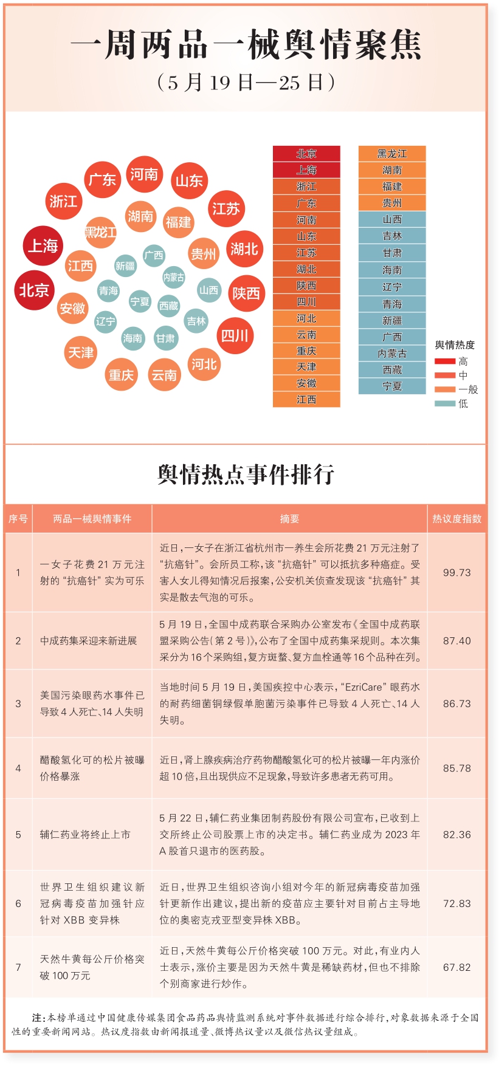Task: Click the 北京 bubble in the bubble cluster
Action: pyautogui.click(x=34, y=290)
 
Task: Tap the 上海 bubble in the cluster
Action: pyautogui.click(x=43, y=246)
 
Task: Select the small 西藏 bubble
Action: pyautogui.click(x=168, y=306)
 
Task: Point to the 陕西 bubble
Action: pyautogui.click(x=246, y=293)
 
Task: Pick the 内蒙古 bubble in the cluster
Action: pyautogui.click(x=174, y=278)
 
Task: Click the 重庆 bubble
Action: pyautogui.click(x=121, y=375)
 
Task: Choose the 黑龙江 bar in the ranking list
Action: pyautogui.click(x=392, y=154)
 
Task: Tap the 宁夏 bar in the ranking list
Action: pyautogui.click(x=392, y=386)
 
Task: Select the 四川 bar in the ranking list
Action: pyautogui.click(x=306, y=302)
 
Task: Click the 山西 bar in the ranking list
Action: pyautogui.click(x=392, y=219)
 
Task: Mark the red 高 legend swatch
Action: pyautogui.click(x=445, y=361)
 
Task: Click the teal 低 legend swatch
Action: pyautogui.click(x=445, y=403)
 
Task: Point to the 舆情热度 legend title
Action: pyautogui.click(x=455, y=345)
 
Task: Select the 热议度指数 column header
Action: pyautogui.click(x=456, y=519)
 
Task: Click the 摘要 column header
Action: pyautogui.click(x=289, y=519)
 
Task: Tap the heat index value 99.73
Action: pyautogui.click(x=456, y=572)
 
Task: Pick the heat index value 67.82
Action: pyautogui.click(x=456, y=967)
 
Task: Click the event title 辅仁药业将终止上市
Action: pyautogui.click(x=86, y=834)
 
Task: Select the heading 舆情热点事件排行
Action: pyautogui.click(x=246, y=474)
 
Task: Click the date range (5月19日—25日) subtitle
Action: pyautogui.click(x=246, y=82)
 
